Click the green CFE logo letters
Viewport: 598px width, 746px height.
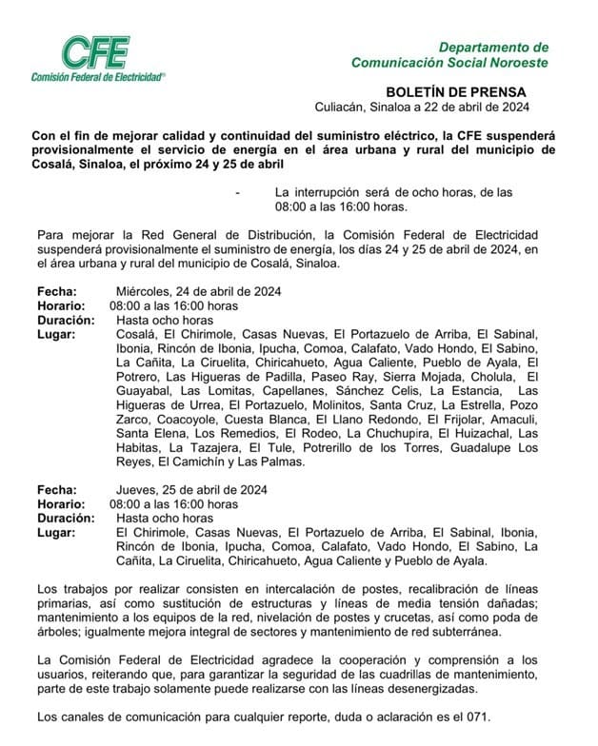tap(95, 53)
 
